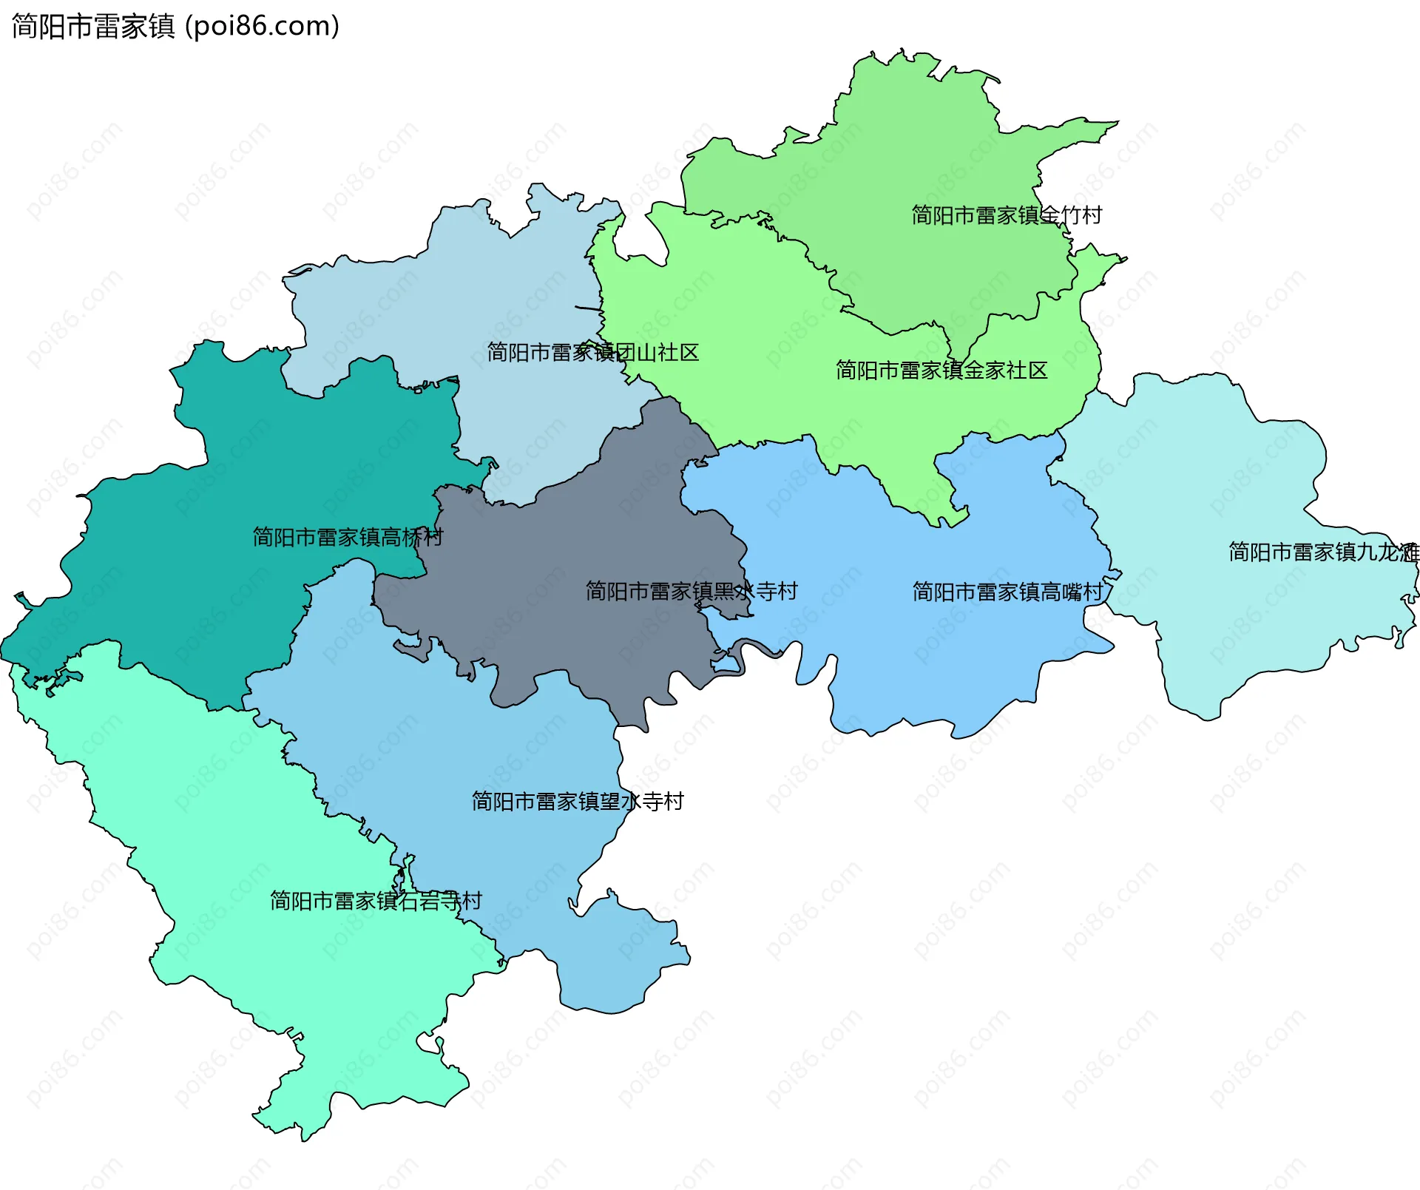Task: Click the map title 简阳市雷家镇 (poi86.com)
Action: tap(175, 27)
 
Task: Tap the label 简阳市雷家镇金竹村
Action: tap(1006, 215)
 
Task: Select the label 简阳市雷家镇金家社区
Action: tap(941, 370)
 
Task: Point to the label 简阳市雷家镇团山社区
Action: tap(592, 352)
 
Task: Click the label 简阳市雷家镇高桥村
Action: tap(348, 537)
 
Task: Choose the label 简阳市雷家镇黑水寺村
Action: tap(692, 591)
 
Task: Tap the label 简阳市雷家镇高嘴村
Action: tap(1007, 592)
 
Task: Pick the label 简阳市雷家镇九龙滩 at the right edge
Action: tap(1323, 552)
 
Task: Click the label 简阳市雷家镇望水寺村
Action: tap(578, 801)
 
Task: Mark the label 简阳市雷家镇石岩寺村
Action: tap(376, 900)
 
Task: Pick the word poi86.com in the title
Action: tap(262, 27)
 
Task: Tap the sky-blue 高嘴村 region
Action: tap(924, 651)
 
